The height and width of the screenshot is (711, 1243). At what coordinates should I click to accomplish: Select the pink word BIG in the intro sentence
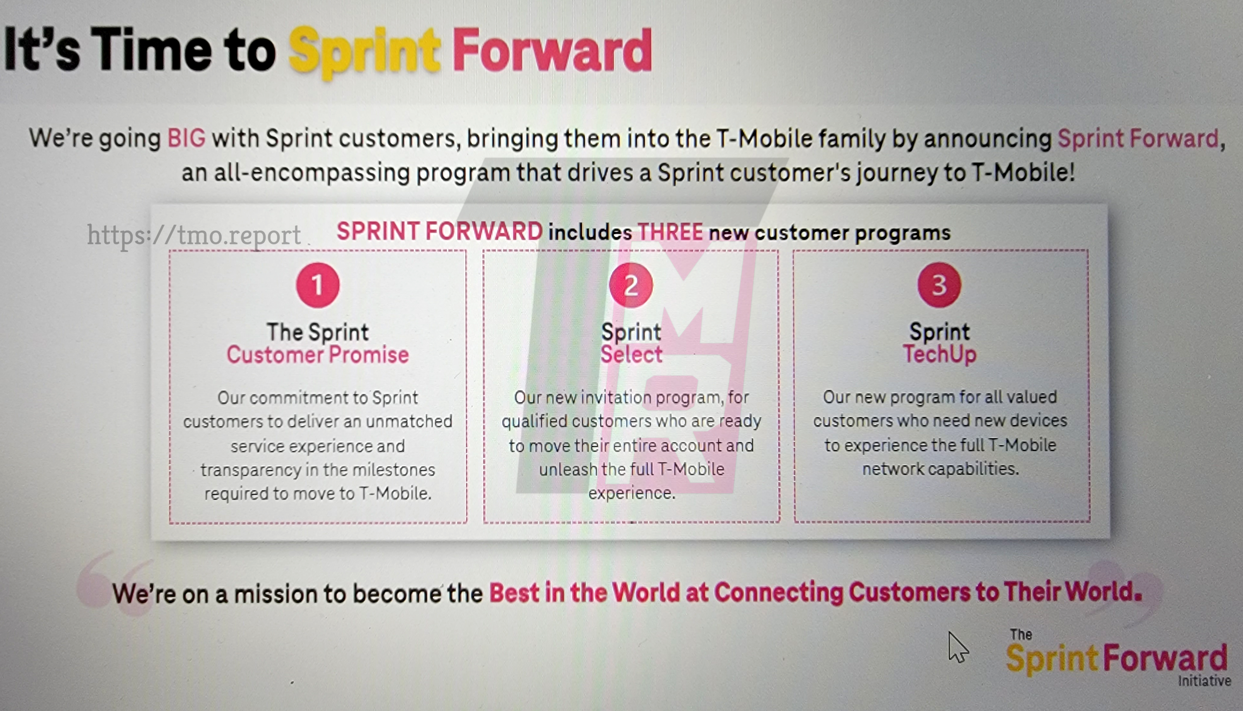pyautogui.click(x=186, y=138)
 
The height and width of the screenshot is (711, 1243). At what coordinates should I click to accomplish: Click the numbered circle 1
pyautogui.click(x=318, y=285)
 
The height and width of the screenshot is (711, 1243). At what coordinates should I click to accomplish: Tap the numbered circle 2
pyautogui.click(x=631, y=285)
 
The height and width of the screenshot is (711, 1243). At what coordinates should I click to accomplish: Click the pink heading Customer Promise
pyautogui.click(x=318, y=355)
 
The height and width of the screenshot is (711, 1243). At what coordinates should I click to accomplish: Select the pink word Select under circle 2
pyautogui.click(x=631, y=354)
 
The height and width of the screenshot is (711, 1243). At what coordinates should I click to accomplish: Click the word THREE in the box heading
pyautogui.click(x=670, y=232)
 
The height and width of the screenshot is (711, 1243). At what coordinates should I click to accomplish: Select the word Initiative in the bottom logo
pyautogui.click(x=1204, y=681)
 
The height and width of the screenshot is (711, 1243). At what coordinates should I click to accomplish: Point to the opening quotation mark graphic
pyautogui.click(x=115, y=584)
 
